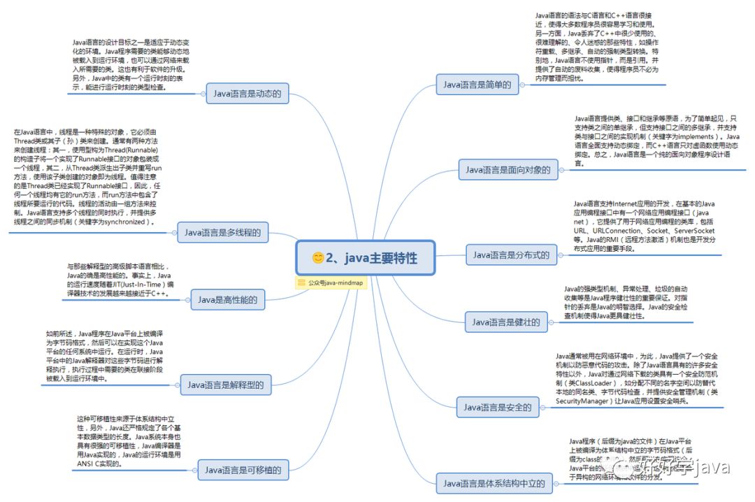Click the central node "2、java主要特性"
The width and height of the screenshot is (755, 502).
point(365,258)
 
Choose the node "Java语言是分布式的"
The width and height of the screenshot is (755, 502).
point(511,255)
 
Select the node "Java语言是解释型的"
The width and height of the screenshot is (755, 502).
point(225,385)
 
